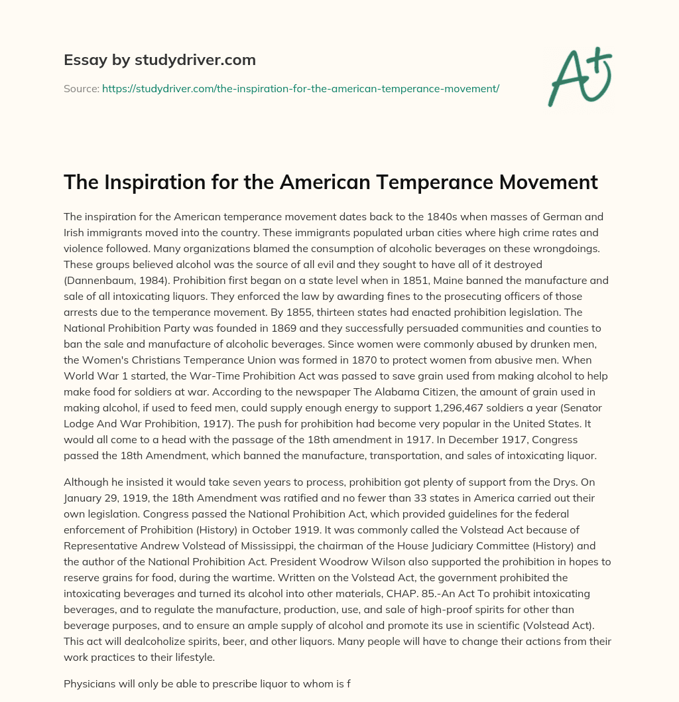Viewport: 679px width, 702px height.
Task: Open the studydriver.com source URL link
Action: [300, 88]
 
